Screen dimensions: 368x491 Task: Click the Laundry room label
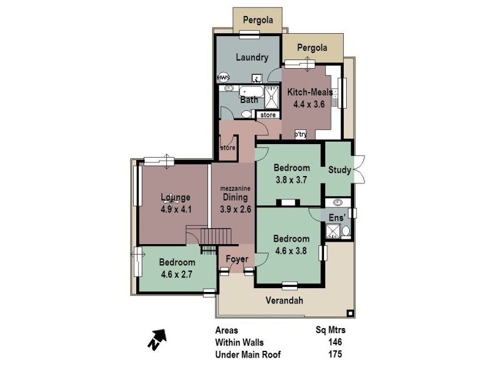click(x=252, y=58)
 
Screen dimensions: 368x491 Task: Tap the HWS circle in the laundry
click(x=223, y=78)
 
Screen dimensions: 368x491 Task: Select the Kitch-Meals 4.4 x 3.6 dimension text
click(x=310, y=104)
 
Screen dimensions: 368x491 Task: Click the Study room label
click(x=339, y=170)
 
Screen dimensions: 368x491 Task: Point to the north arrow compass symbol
click(x=157, y=338)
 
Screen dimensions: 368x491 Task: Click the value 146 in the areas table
click(x=334, y=342)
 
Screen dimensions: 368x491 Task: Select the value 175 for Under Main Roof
click(x=334, y=354)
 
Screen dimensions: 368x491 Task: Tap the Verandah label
click(x=285, y=301)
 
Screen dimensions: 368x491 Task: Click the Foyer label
click(x=236, y=259)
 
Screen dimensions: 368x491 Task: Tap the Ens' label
click(x=337, y=218)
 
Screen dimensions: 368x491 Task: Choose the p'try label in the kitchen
click(x=300, y=134)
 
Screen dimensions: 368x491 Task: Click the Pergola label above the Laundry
click(x=257, y=19)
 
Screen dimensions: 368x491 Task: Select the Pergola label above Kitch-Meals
click(x=312, y=47)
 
